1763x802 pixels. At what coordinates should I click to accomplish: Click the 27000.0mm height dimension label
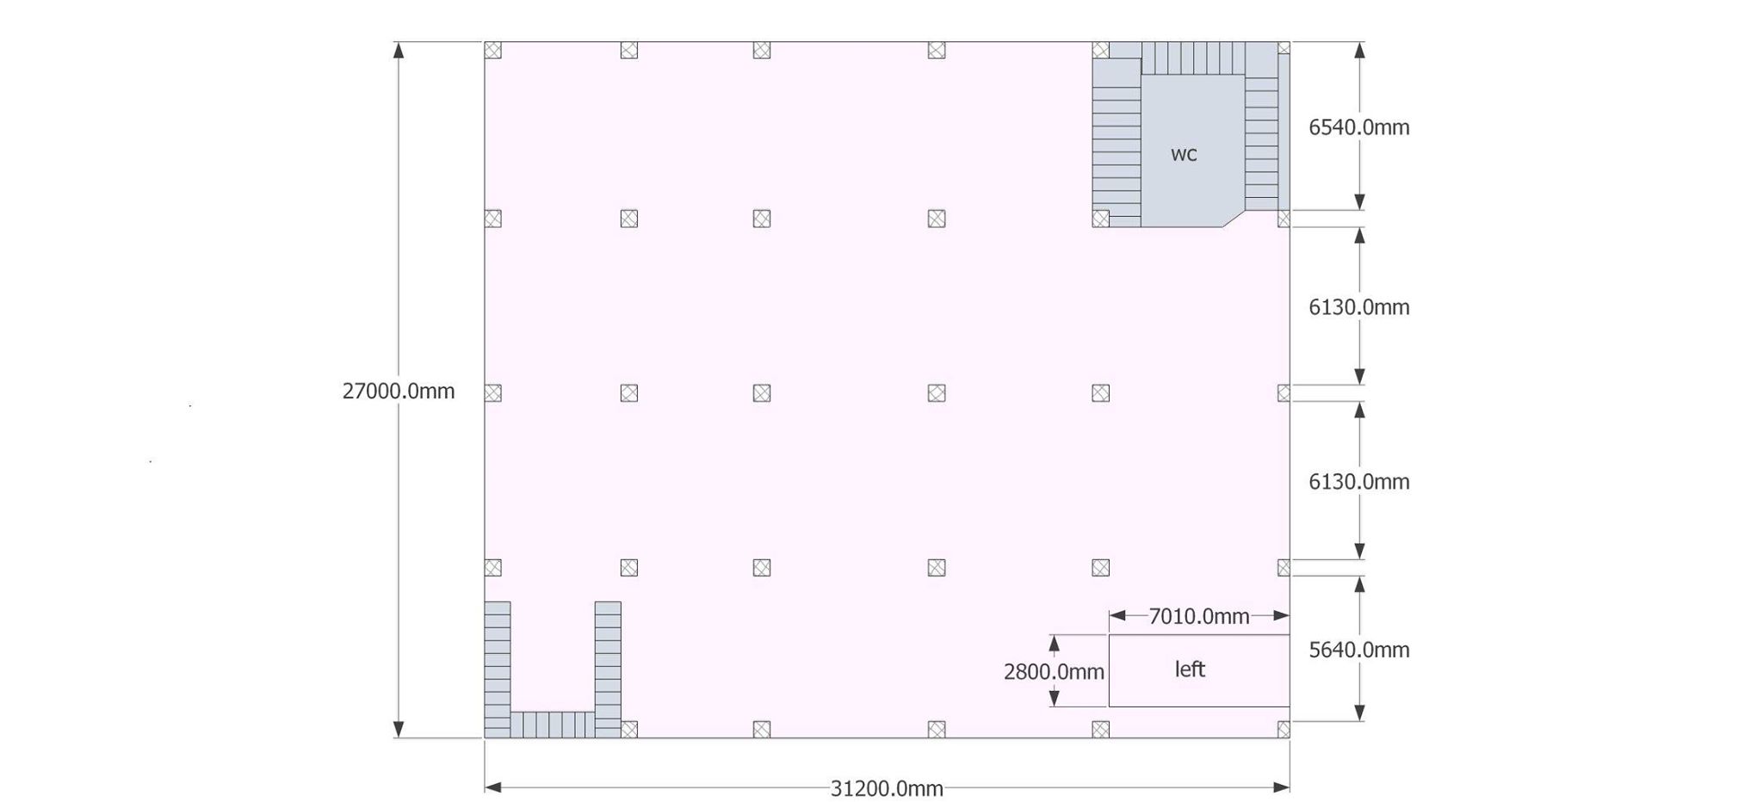[x=399, y=392]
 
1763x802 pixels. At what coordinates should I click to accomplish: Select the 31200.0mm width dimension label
[x=887, y=788]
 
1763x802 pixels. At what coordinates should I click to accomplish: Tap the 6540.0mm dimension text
[x=1359, y=127]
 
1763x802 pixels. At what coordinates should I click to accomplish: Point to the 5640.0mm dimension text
[x=1359, y=650]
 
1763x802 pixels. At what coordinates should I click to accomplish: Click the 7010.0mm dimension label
[x=1199, y=616]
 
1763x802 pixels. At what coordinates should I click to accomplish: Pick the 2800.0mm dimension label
[x=1054, y=672]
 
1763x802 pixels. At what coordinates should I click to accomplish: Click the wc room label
[x=1184, y=155]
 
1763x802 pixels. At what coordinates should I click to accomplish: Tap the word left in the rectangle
[x=1190, y=669]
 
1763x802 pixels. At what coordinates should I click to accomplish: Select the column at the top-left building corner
[x=492, y=50]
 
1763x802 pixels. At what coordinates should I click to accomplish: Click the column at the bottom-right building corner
[x=1284, y=730]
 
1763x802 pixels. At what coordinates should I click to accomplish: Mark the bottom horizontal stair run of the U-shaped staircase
[x=553, y=725]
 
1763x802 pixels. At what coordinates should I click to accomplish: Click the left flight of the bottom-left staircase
[x=498, y=669]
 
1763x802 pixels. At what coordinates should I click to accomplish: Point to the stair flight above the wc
[x=1193, y=59]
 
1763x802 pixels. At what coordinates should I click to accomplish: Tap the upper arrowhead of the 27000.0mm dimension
[x=399, y=50]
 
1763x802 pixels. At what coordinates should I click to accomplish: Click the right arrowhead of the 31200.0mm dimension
[x=1282, y=787]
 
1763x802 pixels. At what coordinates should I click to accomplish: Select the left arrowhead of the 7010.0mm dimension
[x=1117, y=615]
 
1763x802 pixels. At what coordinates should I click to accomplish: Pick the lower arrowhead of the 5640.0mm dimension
[x=1359, y=713]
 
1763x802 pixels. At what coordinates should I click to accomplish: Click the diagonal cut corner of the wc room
[x=1234, y=219]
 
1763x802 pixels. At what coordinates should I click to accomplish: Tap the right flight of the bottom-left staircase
[x=608, y=669]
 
